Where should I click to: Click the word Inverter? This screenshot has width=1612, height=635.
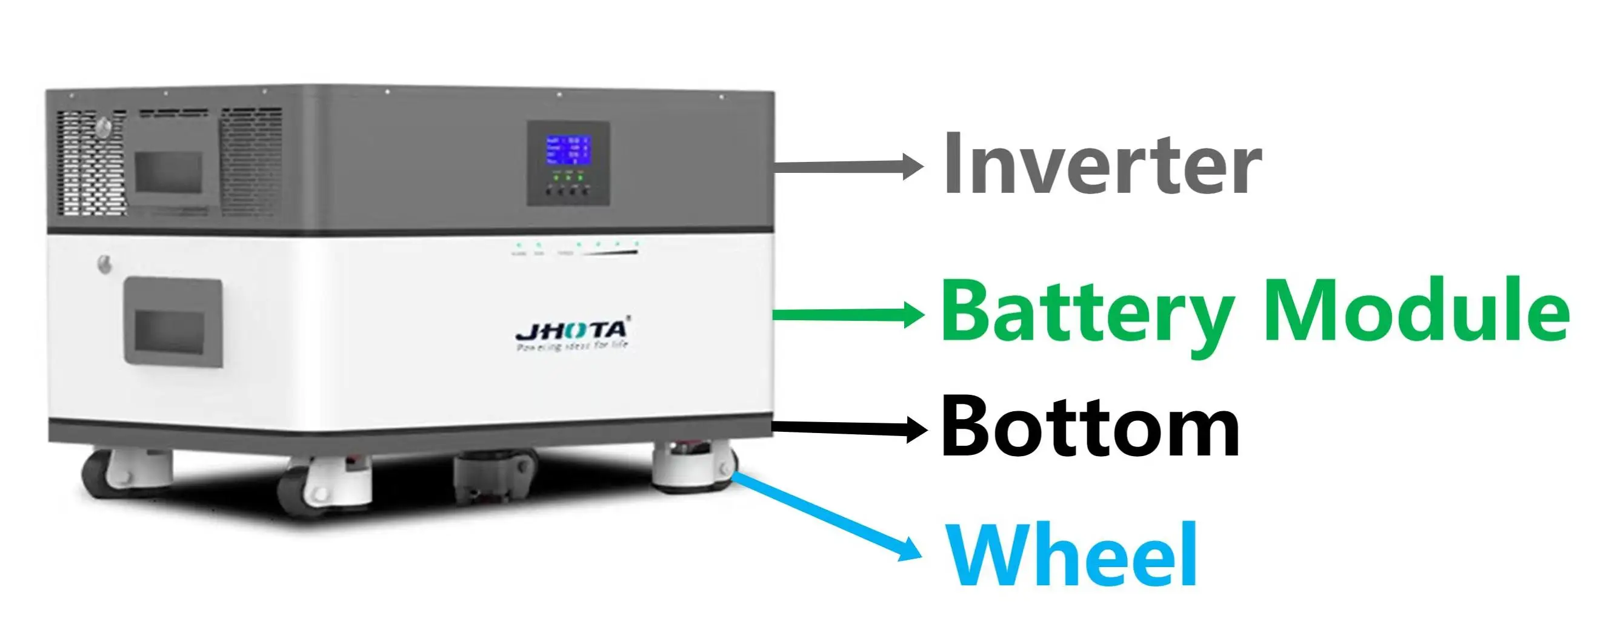click(1101, 164)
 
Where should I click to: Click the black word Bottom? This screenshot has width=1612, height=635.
click(1090, 428)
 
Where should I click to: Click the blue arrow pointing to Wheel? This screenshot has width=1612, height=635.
click(826, 516)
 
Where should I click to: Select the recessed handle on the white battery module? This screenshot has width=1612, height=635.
click(173, 323)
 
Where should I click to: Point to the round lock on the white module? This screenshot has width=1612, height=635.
click(105, 264)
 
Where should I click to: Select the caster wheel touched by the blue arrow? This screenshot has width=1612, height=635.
click(693, 466)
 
